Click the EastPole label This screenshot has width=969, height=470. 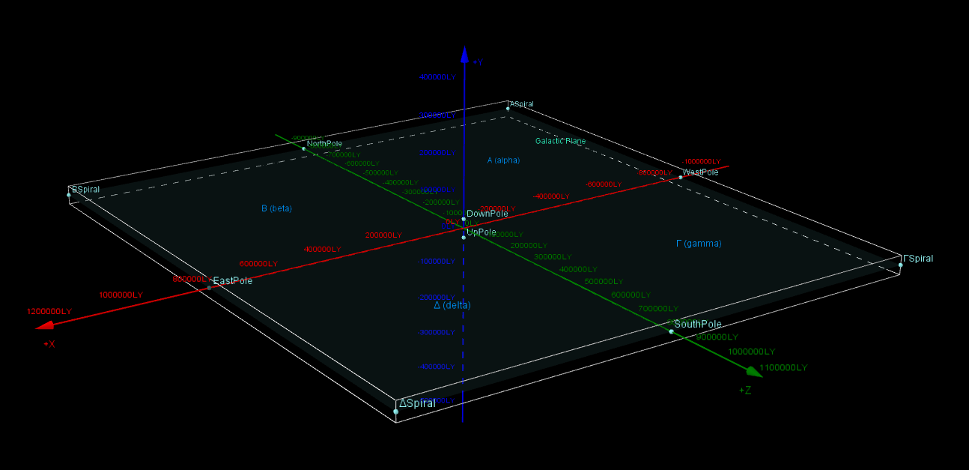(232, 281)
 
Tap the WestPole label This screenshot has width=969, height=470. (700, 172)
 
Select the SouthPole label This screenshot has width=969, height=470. (697, 325)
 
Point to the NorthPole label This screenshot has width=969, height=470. (324, 144)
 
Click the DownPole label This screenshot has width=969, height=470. (487, 214)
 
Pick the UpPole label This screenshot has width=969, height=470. (481, 232)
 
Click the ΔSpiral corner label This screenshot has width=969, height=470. (417, 403)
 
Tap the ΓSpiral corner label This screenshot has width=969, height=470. (918, 259)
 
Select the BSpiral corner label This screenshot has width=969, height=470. (85, 190)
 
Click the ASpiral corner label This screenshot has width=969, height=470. (522, 104)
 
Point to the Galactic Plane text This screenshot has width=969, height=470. (560, 141)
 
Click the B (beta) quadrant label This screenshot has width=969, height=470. (276, 208)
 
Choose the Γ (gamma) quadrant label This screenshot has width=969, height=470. (699, 244)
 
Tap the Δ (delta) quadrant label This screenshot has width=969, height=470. (452, 305)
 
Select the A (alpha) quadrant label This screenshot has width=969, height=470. (503, 160)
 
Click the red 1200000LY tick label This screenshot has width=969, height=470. (49, 312)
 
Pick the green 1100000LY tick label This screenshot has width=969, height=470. (783, 368)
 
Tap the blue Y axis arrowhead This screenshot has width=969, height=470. (464, 54)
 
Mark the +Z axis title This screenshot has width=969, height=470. (744, 391)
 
